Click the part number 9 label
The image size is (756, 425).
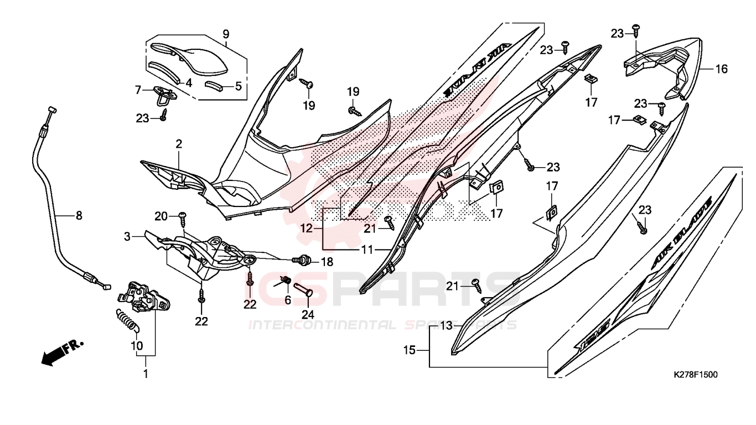pos(226,34)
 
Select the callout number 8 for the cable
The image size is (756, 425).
pos(79,215)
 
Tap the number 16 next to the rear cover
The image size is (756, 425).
pos(721,69)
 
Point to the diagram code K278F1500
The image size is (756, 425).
pos(695,375)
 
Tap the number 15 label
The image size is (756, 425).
pos(409,350)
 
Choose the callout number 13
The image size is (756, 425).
pos(446,326)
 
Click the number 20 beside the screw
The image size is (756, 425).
pos(160,215)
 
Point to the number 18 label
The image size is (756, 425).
pos(327,261)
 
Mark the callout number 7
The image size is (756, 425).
pos(139,89)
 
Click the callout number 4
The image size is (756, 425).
pos(188,84)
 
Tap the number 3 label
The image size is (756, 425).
pos(127,237)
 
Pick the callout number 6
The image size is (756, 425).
pos(287,300)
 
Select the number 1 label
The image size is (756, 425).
pos(146,374)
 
